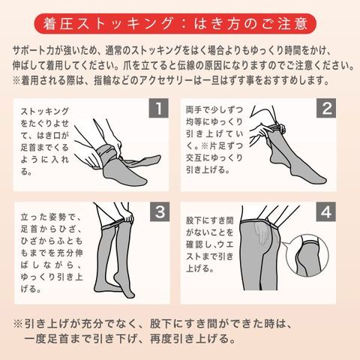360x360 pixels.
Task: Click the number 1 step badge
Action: point(159,108)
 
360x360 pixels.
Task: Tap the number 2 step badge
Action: point(326,108)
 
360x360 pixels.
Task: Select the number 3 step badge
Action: point(160,211)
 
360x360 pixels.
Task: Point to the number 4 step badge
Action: point(326,211)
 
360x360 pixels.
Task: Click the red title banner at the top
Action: point(175,24)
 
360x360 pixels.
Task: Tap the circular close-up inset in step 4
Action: point(307,256)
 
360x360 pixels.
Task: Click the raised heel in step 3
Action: point(117,277)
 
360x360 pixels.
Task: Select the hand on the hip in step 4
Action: point(260,234)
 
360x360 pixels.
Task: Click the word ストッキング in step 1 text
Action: point(44,111)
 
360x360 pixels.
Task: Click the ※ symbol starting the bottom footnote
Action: point(18,324)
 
